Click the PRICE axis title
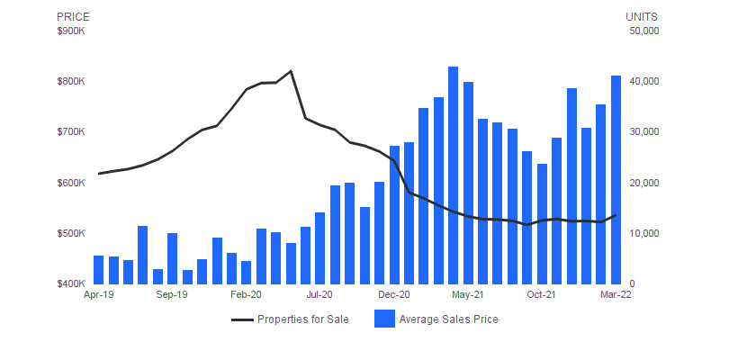(x=73, y=17)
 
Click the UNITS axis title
(x=642, y=17)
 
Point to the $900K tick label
(x=70, y=31)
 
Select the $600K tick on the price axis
(x=70, y=183)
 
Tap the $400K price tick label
(x=70, y=283)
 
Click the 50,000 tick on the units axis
(x=644, y=31)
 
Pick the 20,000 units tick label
(x=644, y=183)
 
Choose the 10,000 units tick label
(x=644, y=233)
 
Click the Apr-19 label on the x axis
(x=98, y=294)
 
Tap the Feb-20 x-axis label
(x=246, y=294)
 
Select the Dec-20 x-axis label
(x=394, y=294)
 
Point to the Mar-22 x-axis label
(x=616, y=294)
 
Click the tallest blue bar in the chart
(x=454, y=175)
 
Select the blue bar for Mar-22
(x=616, y=180)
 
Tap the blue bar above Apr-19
(x=98, y=270)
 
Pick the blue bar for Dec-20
(x=394, y=215)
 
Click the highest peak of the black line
(x=291, y=71)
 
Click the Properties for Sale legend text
(x=302, y=319)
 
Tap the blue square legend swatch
(x=384, y=319)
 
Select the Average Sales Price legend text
(x=448, y=319)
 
